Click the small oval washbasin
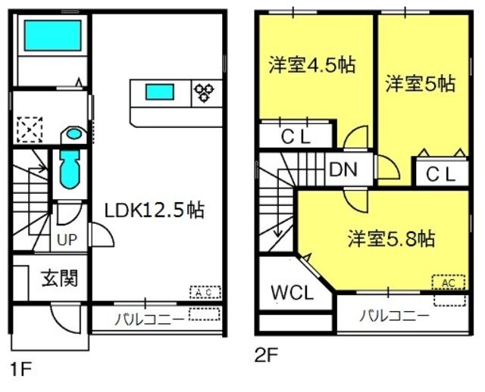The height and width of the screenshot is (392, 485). click(74, 134)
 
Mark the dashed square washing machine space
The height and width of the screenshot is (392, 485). click(31, 129)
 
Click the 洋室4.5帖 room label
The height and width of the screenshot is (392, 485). click(312, 64)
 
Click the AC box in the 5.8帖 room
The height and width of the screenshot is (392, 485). click(447, 282)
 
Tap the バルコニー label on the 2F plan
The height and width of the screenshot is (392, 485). click(393, 316)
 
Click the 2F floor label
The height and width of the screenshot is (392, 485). click(269, 353)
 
